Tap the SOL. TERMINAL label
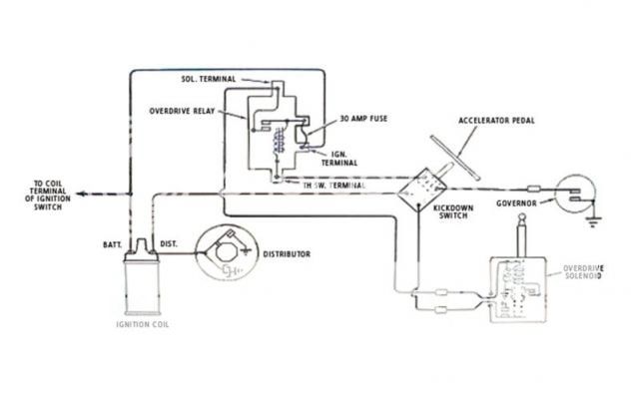(x=212, y=78)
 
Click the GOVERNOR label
(x=516, y=203)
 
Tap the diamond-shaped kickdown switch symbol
(x=421, y=188)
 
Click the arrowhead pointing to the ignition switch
(x=80, y=192)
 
